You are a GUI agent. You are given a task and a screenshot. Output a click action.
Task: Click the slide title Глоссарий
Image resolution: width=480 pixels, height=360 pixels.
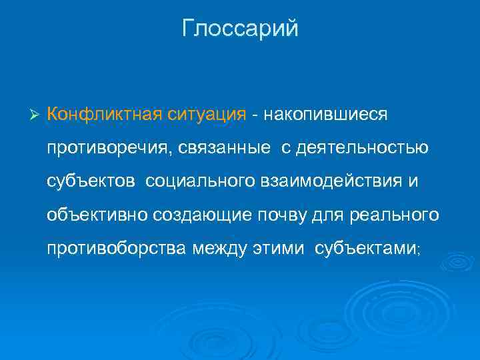pyautogui.click(x=240, y=29)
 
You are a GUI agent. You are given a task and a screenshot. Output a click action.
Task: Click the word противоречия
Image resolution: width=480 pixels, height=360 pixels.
pyautogui.click(x=109, y=147)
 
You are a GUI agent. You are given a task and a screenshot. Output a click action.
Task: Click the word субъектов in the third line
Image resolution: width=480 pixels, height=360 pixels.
pyautogui.click(x=91, y=181)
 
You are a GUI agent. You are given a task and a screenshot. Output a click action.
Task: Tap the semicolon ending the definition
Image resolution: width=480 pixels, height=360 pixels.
pyautogui.click(x=417, y=249)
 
